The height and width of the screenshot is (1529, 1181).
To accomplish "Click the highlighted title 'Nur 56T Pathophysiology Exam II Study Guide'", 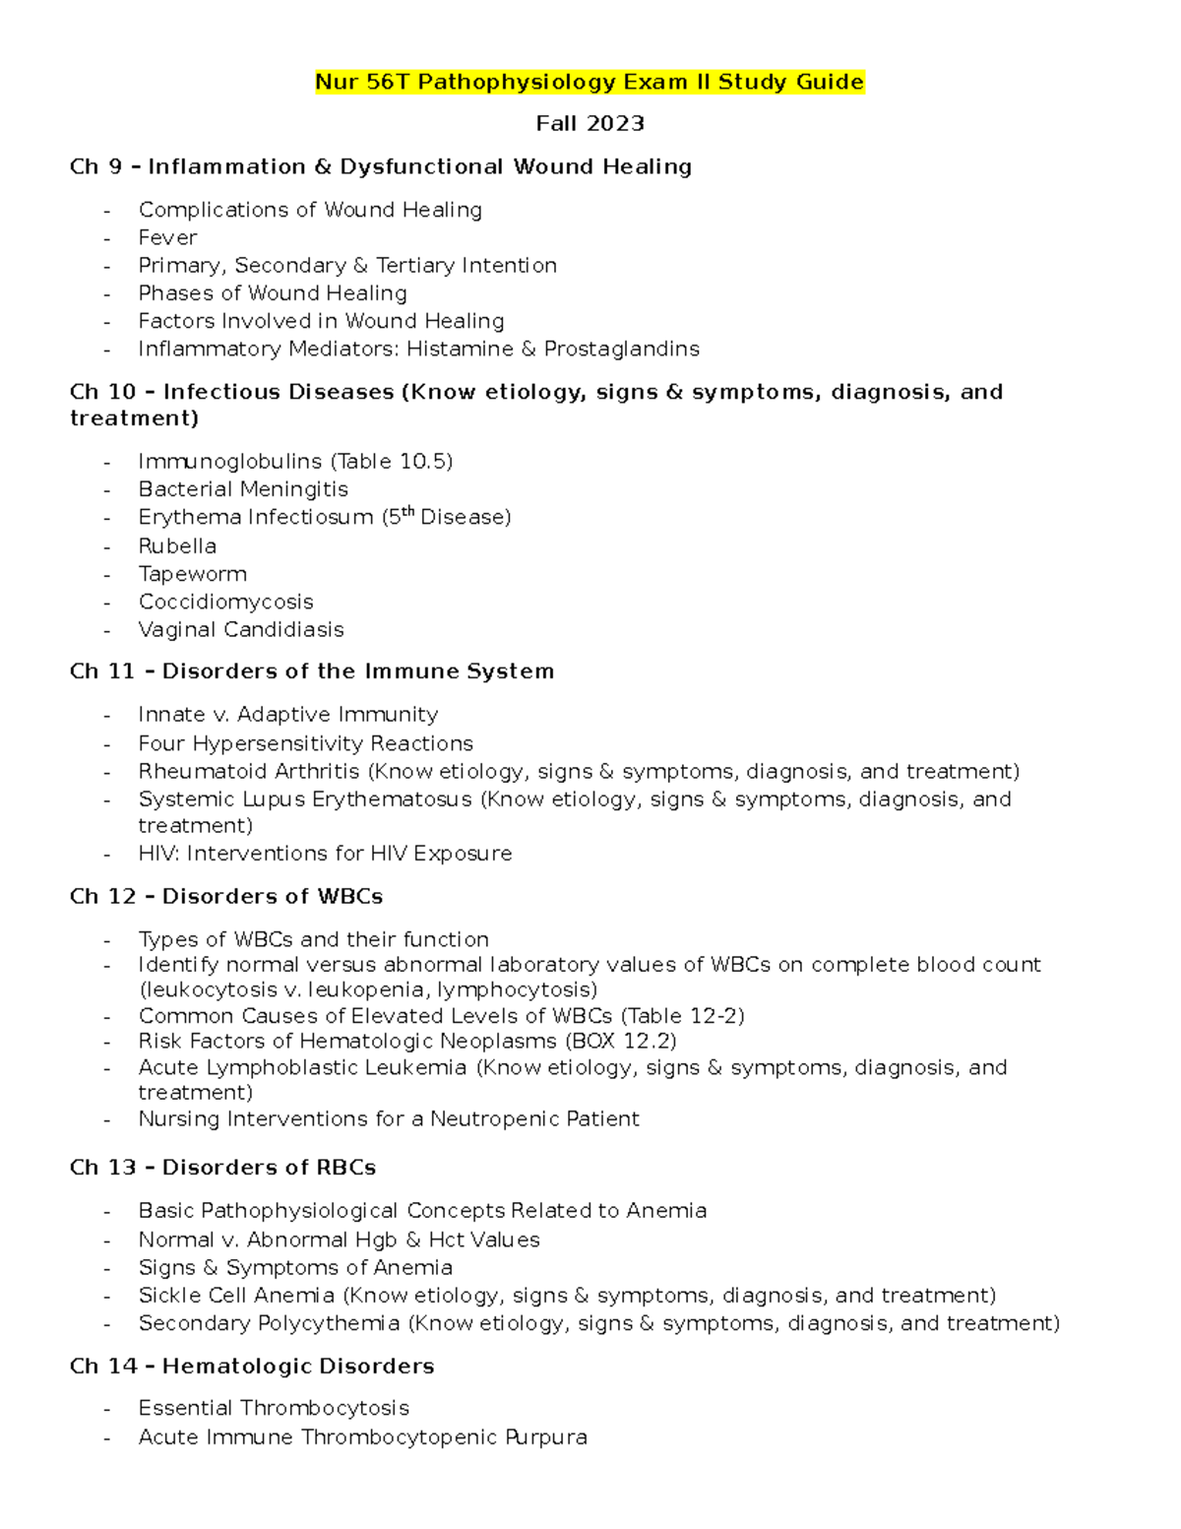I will tap(589, 82).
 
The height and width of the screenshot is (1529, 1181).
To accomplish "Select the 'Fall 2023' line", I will tap(590, 124).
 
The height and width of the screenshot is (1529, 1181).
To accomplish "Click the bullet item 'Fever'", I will tap(167, 237).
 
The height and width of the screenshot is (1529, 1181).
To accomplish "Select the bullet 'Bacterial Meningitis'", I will tap(243, 489).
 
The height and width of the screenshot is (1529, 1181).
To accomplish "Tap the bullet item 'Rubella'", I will tap(177, 545).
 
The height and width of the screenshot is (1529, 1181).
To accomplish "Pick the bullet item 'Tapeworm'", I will tap(192, 574).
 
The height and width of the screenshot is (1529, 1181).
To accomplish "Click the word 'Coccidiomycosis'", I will tap(225, 602).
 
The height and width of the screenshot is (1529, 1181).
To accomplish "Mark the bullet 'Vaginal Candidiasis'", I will tap(241, 629).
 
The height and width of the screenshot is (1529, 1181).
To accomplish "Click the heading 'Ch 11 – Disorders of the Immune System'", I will tap(312, 671).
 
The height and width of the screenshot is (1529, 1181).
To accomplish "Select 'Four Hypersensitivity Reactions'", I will tap(305, 743).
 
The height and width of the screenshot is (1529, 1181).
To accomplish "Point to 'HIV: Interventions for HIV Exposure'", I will tap(325, 854).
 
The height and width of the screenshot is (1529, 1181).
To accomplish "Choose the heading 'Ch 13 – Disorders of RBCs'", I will tap(223, 1168).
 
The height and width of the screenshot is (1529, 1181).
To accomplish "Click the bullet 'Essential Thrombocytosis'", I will tap(274, 1408).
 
